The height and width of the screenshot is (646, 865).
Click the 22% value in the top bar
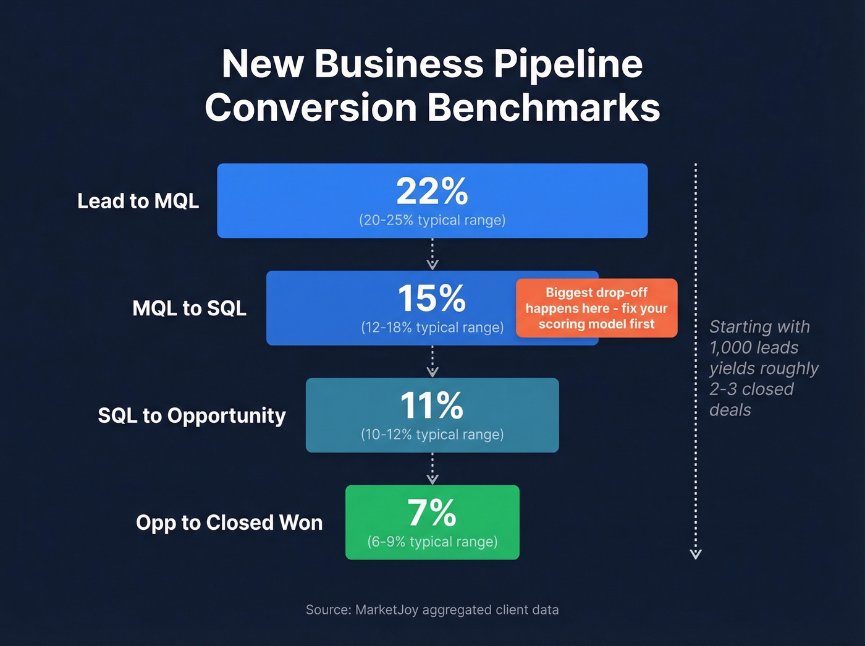coord(432,192)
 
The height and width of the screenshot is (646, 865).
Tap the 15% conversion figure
coord(431,299)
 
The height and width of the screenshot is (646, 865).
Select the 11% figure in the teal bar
coord(431,406)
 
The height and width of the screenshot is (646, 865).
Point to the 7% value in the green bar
coord(432,513)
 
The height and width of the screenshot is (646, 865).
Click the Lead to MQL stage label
coord(138,201)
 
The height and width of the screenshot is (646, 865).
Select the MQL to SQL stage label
coord(189,308)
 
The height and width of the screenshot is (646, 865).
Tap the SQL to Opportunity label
coord(192,415)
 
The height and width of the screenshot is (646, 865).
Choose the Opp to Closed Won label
coord(229,522)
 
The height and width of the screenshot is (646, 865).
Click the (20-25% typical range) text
coord(432,220)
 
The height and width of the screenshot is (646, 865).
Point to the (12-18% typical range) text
coord(432,328)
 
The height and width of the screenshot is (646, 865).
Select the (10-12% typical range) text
coord(432,435)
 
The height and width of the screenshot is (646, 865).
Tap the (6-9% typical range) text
coord(432,542)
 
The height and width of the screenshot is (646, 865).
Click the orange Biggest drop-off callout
coord(596,308)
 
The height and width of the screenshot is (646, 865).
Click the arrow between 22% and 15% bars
coord(432,255)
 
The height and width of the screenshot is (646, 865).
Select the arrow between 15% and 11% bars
coord(432,362)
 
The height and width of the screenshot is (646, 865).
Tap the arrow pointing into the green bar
coord(432,469)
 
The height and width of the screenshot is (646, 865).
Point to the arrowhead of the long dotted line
coord(696,554)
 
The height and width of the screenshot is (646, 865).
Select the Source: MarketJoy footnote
coord(432,610)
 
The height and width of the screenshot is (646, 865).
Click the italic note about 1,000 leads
coord(763,368)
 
